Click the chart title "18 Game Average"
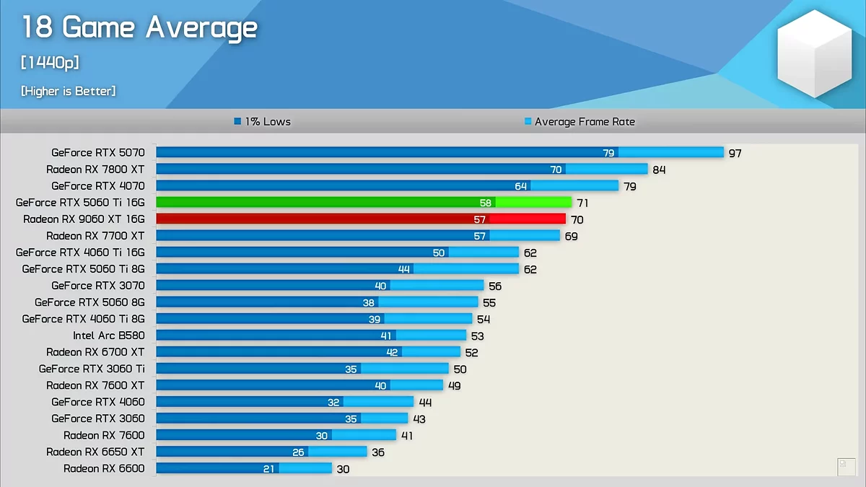(x=139, y=29)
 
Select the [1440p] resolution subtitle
(x=50, y=63)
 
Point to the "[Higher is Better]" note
(x=69, y=91)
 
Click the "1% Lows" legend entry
(x=263, y=122)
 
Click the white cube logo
(x=814, y=54)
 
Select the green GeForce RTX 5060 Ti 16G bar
(x=364, y=203)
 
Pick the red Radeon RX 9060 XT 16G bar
(x=361, y=219)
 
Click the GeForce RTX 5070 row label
(x=98, y=152)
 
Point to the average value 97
(x=735, y=153)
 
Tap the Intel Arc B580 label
(x=108, y=335)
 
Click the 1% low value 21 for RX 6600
(x=269, y=469)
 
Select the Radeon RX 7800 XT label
(x=95, y=170)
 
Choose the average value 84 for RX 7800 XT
(x=658, y=170)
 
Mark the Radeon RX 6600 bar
(x=244, y=468)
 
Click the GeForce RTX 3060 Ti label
(x=92, y=369)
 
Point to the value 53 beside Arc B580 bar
(x=477, y=336)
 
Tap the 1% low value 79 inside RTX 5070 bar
(x=608, y=153)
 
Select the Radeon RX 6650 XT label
(x=95, y=452)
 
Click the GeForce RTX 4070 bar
(x=387, y=186)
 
